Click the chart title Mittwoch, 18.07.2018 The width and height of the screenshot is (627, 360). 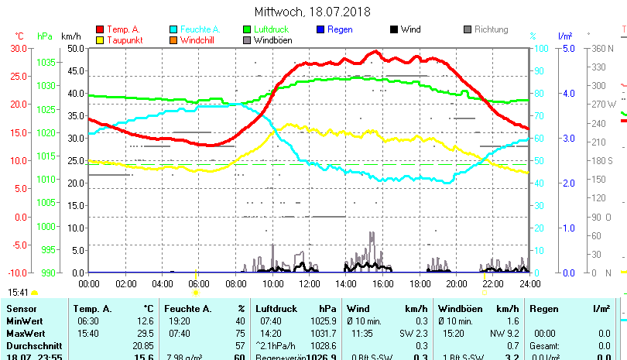pyautogui.click(x=313, y=12)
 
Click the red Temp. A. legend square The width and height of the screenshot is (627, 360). pyautogui.click(x=99, y=30)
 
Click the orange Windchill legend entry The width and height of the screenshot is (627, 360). pyautogui.click(x=197, y=40)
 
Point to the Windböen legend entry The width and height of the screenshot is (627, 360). pyautogui.click(x=271, y=40)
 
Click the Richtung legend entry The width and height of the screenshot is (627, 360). pyautogui.click(x=491, y=30)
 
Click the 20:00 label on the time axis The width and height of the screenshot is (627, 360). pyautogui.click(x=456, y=284)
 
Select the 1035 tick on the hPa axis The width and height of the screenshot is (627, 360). pyautogui.click(x=46, y=62)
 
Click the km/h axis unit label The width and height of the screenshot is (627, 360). pyautogui.click(x=70, y=36)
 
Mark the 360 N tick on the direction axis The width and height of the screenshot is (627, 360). pyautogui.click(x=603, y=48)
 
